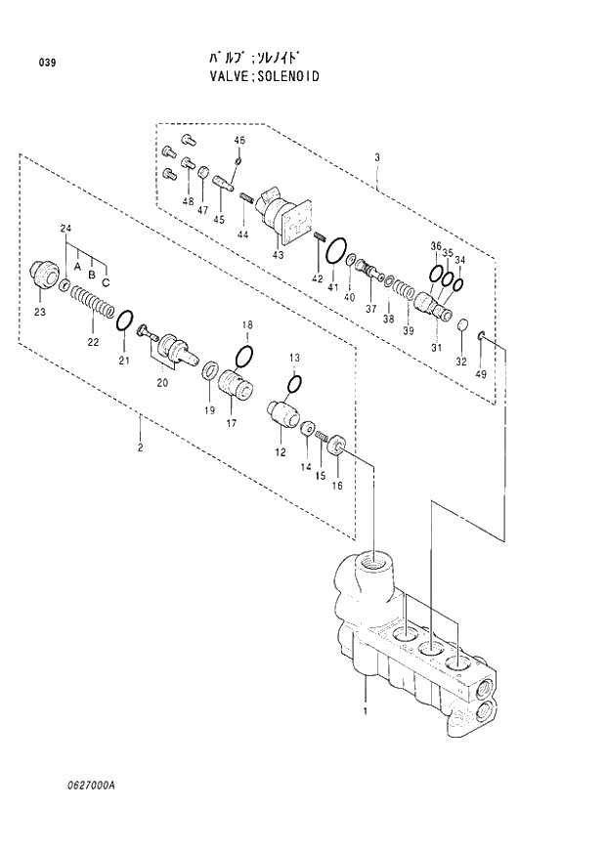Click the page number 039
click(x=47, y=64)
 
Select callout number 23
click(x=40, y=312)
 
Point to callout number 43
click(x=278, y=255)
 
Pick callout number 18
click(x=247, y=324)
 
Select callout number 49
click(x=480, y=374)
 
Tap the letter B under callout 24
click(x=91, y=275)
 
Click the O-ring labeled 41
click(x=335, y=250)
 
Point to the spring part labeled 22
click(x=91, y=315)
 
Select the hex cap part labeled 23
click(x=45, y=274)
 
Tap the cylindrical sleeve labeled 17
click(x=237, y=383)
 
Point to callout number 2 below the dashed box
click(x=141, y=447)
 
